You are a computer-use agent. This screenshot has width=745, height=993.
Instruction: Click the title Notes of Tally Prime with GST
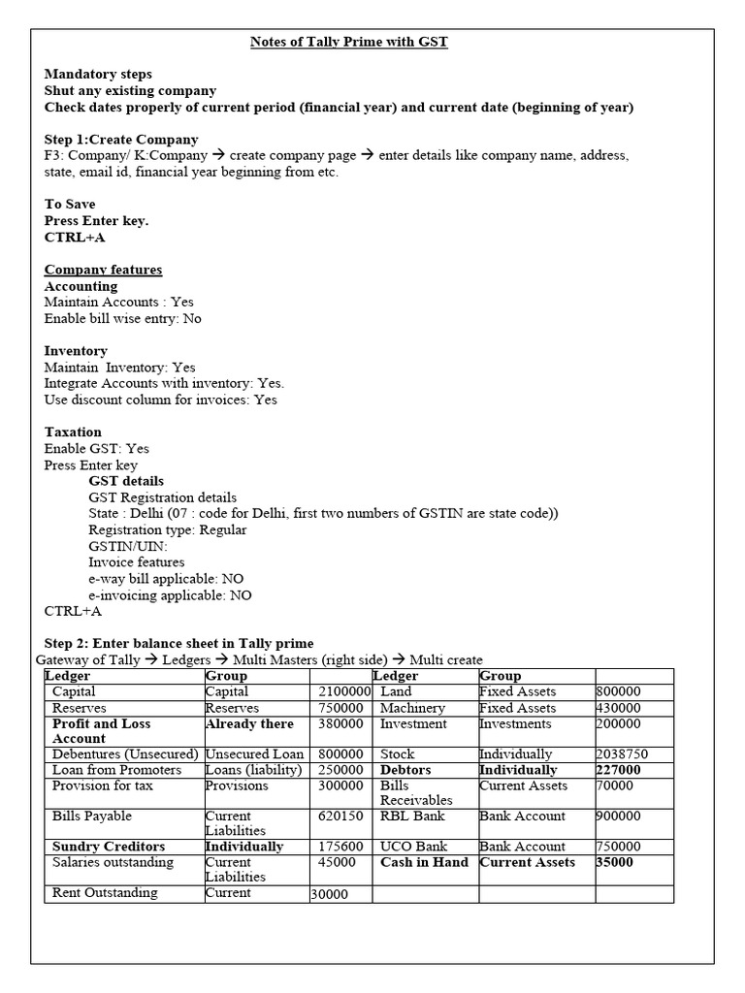(349, 43)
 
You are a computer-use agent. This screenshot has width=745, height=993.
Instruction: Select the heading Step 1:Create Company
(121, 140)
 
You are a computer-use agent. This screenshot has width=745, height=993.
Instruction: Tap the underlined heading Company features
(104, 270)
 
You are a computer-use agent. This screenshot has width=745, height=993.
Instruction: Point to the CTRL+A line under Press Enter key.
(75, 237)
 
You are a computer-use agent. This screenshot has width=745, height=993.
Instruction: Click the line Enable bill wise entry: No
(123, 318)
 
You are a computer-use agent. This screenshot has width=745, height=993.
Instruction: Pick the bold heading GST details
(126, 481)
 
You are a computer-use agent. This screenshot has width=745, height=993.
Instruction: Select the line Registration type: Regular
(167, 529)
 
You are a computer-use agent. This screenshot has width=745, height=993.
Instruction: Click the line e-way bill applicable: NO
(166, 579)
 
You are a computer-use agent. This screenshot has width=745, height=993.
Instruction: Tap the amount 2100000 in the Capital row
(344, 691)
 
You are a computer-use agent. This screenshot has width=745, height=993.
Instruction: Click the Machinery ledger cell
(412, 708)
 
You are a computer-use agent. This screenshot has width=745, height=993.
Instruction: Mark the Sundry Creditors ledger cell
(109, 847)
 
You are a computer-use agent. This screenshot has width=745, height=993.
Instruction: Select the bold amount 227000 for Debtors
(618, 770)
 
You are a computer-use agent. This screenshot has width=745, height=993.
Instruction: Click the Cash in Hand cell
(424, 862)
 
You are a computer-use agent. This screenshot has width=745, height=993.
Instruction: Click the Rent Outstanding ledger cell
(105, 893)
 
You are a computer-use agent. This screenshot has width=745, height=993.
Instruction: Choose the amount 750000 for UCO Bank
(618, 847)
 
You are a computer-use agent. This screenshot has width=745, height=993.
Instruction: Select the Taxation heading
(73, 432)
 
